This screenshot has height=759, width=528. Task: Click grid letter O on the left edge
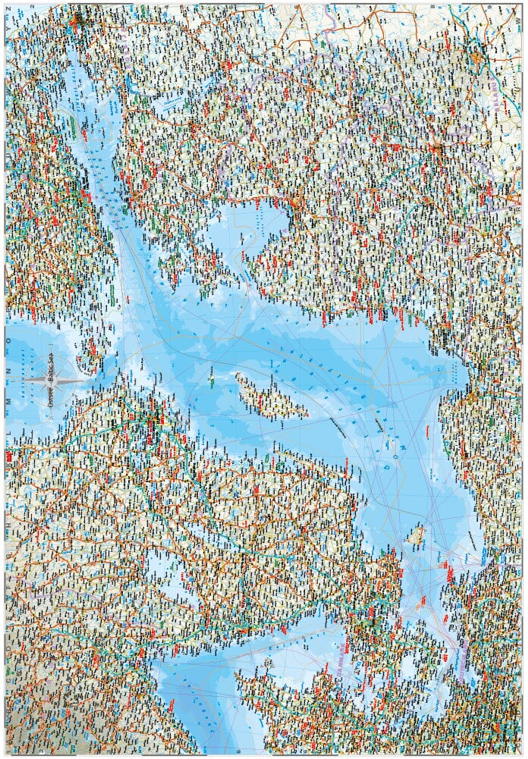(x=9, y=342)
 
